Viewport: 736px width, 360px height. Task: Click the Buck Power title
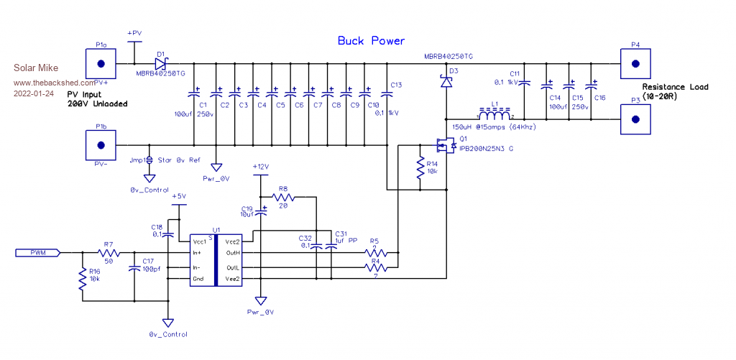pos(371,41)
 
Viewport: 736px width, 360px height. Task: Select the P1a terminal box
pos(101,63)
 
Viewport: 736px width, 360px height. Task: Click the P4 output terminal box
pos(635,63)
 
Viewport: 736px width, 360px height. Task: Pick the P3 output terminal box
pos(635,119)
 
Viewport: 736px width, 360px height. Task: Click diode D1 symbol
pos(160,63)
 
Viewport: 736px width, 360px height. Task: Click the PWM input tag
pos(37,252)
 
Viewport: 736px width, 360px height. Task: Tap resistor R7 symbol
pos(109,253)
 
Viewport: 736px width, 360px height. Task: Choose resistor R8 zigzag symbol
pos(283,195)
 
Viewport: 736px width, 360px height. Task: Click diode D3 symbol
pos(446,83)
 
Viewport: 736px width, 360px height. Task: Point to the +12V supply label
pos(261,167)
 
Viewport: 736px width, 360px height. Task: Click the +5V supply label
pos(178,195)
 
